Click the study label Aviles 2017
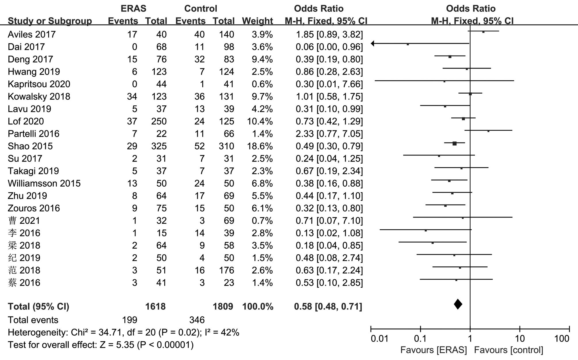pos(32,35)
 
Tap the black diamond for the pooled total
pos(458,304)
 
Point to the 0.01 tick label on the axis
pos(379,339)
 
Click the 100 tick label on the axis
pos(562,339)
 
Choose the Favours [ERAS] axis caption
pos(434,350)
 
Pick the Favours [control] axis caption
pos(509,350)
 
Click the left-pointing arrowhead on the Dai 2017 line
pos(373,43)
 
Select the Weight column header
pos(257,21)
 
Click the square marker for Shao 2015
pos(455,143)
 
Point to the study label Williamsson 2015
pos(44,183)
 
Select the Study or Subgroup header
pos(50,21)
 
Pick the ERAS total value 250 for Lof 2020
pos(159,121)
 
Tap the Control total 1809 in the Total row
pos(223,306)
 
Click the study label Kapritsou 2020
pos(39,84)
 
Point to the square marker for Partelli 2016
pos(488,131)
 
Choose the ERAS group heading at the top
pos(133,9)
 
